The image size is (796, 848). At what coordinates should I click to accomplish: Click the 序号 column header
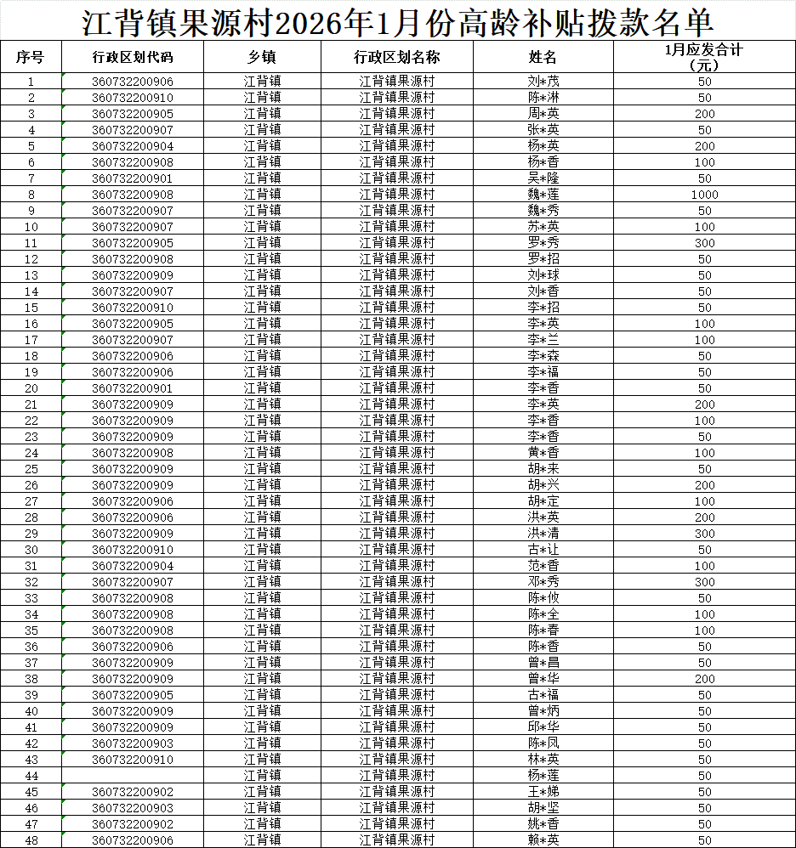click(x=31, y=57)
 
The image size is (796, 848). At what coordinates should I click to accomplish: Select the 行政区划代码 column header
click(x=132, y=57)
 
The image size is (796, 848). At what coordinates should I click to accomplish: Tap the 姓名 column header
click(x=543, y=57)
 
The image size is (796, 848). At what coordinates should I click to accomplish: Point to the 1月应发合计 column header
click(x=704, y=57)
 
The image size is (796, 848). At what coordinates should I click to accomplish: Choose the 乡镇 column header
click(x=262, y=57)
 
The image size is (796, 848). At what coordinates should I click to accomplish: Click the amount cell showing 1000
click(x=704, y=195)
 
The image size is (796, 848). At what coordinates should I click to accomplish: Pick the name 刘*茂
click(x=543, y=82)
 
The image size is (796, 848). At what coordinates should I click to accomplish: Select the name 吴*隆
click(x=543, y=178)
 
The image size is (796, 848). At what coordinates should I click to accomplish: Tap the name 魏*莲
click(x=543, y=195)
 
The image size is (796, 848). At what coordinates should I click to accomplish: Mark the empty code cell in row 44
click(x=132, y=776)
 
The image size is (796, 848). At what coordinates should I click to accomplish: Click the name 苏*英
click(x=543, y=227)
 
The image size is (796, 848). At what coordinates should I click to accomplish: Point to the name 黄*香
click(x=543, y=453)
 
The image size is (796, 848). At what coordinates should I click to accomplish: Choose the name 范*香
click(x=543, y=566)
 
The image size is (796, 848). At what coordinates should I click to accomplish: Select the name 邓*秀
click(x=543, y=582)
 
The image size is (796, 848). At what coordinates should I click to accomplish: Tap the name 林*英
click(x=543, y=760)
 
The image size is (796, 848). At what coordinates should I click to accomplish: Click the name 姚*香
click(x=543, y=824)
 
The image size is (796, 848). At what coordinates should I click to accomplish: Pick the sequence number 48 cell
click(x=31, y=840)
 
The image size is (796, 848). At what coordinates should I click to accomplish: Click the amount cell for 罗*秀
click(x=704, y=243)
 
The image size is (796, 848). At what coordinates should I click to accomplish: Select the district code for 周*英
click(x=132, y=114)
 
